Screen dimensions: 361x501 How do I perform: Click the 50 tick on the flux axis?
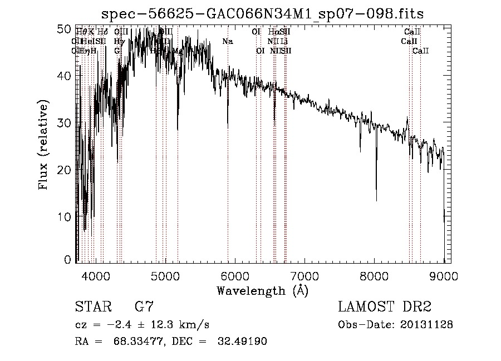click(65, 28)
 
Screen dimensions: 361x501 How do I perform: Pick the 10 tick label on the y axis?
click(65, 216)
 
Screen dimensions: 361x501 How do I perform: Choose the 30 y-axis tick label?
click(65, 122)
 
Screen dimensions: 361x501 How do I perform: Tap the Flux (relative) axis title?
click(44, 145)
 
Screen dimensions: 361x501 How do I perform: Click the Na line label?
click(227, 41)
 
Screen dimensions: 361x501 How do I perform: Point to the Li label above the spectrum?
click(284, 41)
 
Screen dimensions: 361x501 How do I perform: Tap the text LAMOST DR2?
click(385, 307)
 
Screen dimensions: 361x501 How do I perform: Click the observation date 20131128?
click(427, 324)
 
